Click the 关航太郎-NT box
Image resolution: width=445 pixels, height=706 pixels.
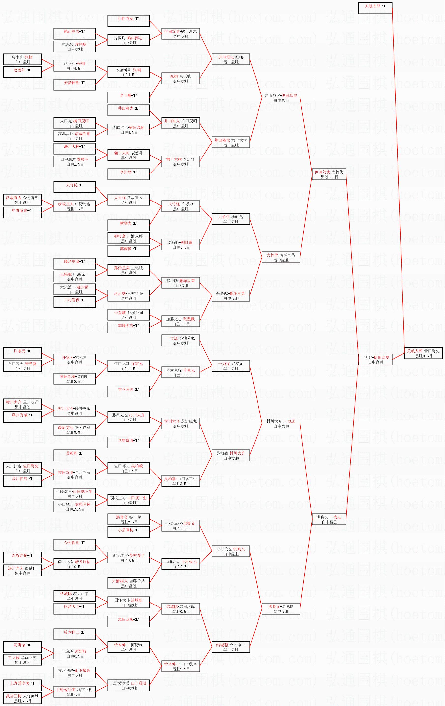point(375,8)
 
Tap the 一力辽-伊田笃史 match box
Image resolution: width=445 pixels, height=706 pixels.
point(375,360)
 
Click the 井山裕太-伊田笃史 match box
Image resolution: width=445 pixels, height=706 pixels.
point(281,98)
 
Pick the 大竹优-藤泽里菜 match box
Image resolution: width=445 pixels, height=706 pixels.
point(281,258)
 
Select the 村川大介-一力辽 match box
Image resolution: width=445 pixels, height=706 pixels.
point(281,423)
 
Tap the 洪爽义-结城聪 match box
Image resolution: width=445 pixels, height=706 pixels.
point(281,609)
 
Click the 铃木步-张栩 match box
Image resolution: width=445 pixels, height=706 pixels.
point(22,59)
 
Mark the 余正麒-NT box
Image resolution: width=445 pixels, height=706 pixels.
point(129,98)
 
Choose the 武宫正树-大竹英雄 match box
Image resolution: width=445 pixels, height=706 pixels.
point(22,698)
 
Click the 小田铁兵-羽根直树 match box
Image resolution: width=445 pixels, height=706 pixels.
point(74,507)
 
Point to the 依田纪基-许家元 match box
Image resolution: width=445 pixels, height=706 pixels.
point(129,366)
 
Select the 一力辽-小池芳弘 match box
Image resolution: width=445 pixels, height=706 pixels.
point(181,340)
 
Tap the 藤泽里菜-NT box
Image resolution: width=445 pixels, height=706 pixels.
point(74,264)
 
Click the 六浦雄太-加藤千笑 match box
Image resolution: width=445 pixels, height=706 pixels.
point(129,583)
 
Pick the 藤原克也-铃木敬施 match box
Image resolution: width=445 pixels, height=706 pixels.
point(74,430)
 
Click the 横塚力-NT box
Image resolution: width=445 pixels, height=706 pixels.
point(129,225)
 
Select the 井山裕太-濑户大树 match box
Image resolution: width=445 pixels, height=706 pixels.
point(231,142)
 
